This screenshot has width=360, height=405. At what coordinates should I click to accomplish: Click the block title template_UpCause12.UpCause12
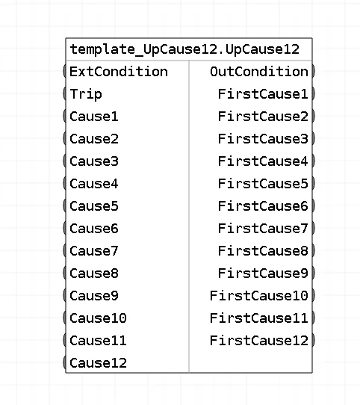[184, 49]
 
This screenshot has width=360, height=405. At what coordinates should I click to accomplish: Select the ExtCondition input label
[119, 72]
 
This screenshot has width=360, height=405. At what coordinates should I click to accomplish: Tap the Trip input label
[86, 94]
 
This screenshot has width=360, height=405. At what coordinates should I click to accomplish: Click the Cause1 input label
[94, 117]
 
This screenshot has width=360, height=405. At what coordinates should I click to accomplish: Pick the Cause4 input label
[94, 184]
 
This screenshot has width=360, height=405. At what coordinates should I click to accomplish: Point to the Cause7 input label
[94, 251]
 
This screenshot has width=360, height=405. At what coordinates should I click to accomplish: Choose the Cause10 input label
[98, 318]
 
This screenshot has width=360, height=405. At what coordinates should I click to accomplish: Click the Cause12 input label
[98, 363]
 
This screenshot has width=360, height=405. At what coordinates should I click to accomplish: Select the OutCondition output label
[259, 72]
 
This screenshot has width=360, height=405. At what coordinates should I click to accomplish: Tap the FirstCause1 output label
[263, 94]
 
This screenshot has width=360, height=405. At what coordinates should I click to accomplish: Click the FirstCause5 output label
[263, 184]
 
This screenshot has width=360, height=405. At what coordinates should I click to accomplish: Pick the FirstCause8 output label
[263, 251]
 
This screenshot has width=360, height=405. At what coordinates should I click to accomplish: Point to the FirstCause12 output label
[259, 341]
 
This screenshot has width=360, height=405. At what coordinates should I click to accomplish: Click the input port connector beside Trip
[64, 93]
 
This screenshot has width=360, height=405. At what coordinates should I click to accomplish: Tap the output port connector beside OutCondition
[313, 71]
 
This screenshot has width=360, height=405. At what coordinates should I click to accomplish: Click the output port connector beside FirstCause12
[313, 340]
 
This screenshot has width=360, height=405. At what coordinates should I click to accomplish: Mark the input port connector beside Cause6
[64, 228]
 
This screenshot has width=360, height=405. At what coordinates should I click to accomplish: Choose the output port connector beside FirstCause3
[313, 138]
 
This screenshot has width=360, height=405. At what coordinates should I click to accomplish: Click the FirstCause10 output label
[259, 296]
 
